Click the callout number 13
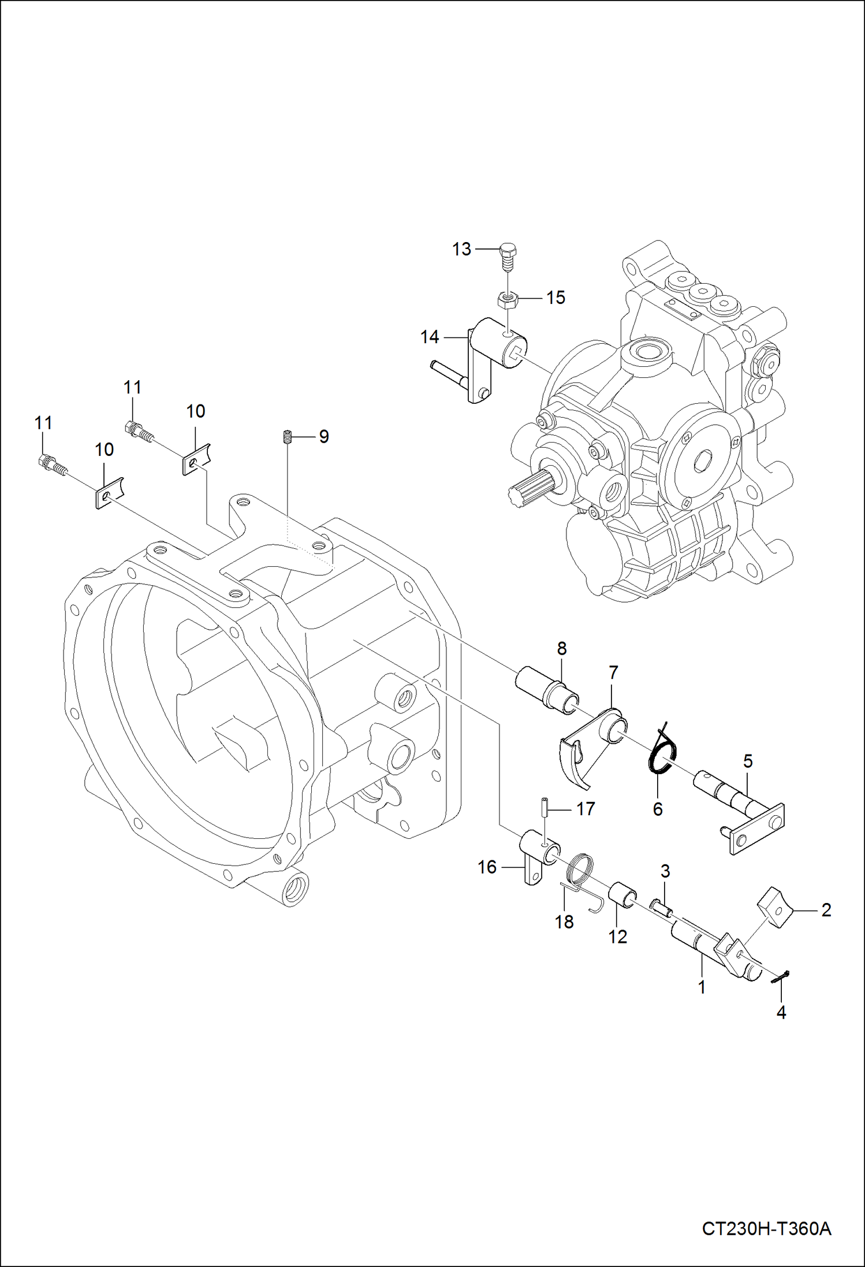[x=461, y=249]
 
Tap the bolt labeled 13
[x=507, y=257]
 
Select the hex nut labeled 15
[x=507, y=299]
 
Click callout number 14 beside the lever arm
[x=430, y=337]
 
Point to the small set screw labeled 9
[x=286, y=437]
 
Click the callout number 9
[x=324, y=437]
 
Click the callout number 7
[x=613, y=672]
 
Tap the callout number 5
[x=748, y=761]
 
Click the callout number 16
[x=487, y=867]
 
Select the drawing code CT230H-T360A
[x=766, y=1228]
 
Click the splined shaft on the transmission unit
[x=528, y=487]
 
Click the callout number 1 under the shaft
[x=702, y=987]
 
